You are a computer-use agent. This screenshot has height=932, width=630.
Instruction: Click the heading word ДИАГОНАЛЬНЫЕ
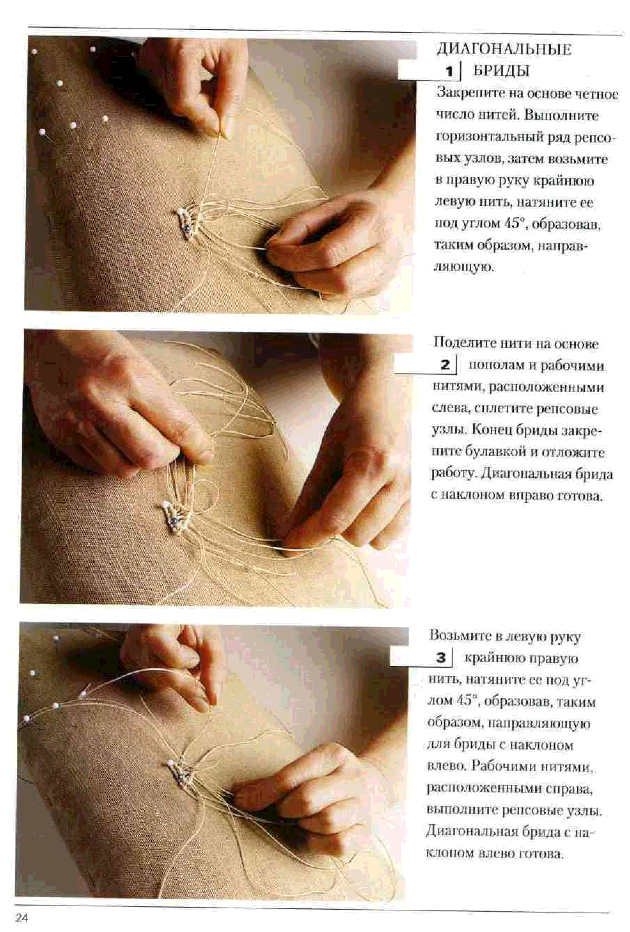(504, 49)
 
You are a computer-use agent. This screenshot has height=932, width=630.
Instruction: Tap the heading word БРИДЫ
(501, 71)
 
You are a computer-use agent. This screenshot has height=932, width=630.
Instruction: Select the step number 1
(449, 72)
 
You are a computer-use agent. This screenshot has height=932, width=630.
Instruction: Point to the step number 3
(441, 658)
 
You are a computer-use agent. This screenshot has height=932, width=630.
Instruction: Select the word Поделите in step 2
(465, 343)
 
